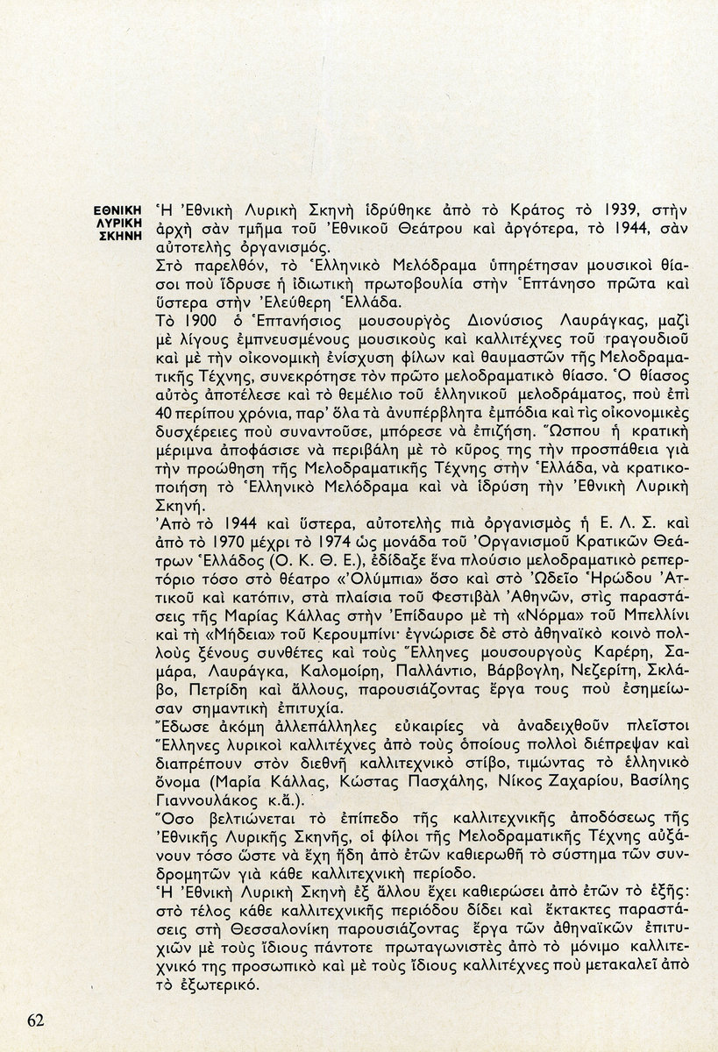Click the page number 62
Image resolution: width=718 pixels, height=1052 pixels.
click(x=36, y=1020)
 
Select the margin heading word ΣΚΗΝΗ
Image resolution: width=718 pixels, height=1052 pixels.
click(x=123, y=238)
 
